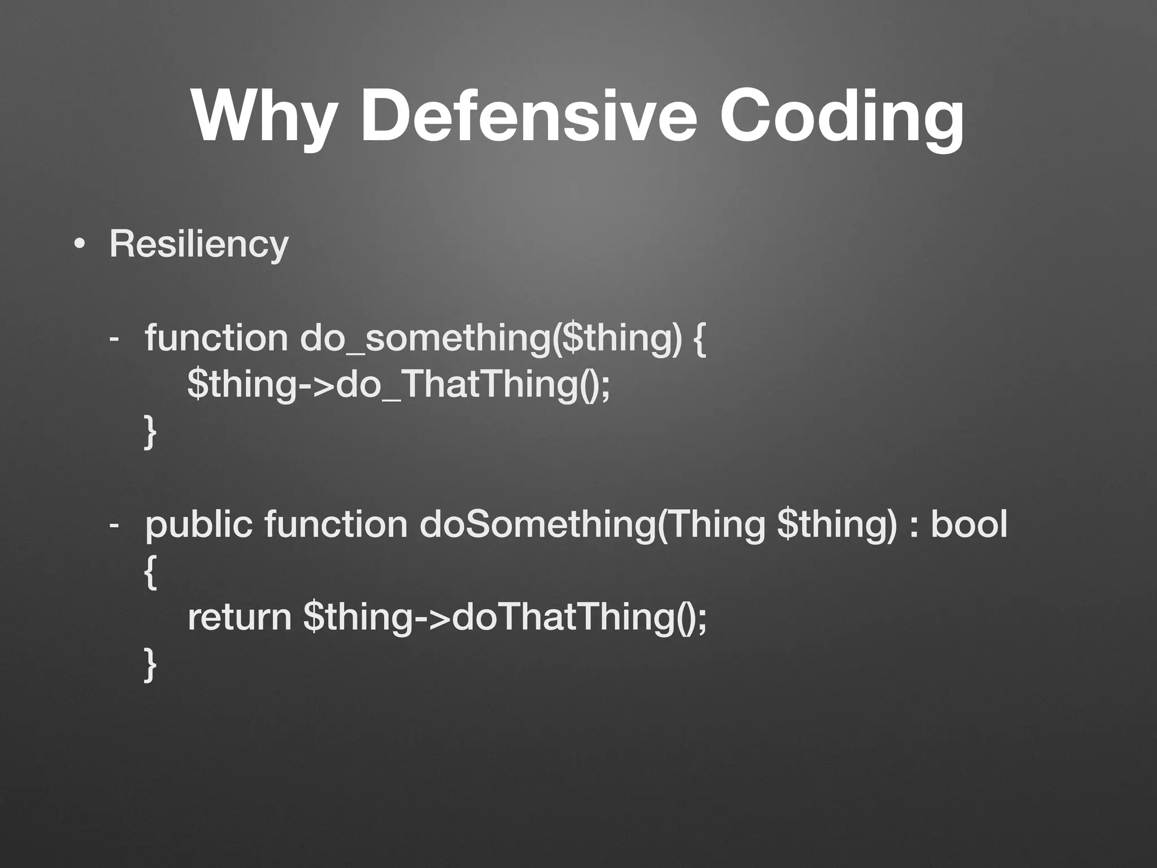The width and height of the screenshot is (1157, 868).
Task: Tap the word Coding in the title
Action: pyautogui.click(x=842, y=118)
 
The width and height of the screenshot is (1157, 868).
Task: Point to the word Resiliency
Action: pyautogui.click(x=199, y=245)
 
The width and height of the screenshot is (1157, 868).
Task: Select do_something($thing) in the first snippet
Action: pyautogui.click(x=491, y=338)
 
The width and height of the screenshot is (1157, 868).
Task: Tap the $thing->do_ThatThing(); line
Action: pyautogui.click(x=399, y=384)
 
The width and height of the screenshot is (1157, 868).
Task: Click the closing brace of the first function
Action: pyautogui.click(x=150, y=432)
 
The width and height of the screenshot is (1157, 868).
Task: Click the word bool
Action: pyautogui.click(x=968, y=524)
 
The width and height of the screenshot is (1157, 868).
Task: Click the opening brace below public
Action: pyautogui.click(x=150, y=572)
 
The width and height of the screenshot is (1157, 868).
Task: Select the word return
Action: pyautogui.click(x=240, y=617)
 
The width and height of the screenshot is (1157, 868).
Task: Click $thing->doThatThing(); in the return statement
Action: pyautogui.click(x=504, y=617)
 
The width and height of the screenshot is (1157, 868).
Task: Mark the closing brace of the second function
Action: pyautogui.click(x=150, y=665)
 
